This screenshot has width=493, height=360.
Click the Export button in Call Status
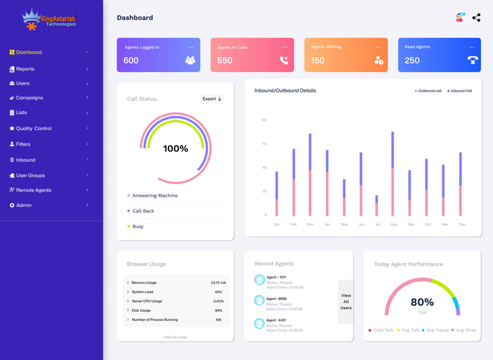click(x=212, y=99)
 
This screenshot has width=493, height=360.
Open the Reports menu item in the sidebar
click(x=25, y=69)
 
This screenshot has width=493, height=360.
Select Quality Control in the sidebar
click(x=33, y=128)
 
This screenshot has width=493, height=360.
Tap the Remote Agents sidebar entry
click(x=33, y=190)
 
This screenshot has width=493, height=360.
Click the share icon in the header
click(x=476, y=18)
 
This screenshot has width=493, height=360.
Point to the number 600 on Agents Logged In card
click(x=131, y=60)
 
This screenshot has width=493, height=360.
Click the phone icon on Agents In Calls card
click(x=284, y=60)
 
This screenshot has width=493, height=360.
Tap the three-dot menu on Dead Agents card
click(x=471, y=47)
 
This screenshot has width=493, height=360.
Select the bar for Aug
click(x=392, y=173)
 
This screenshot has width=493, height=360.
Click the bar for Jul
click(x=376, y=206)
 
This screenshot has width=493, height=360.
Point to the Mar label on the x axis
click(x=310, y=225)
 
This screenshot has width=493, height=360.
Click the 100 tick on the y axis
click(x=264, y=120)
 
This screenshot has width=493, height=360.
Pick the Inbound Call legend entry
click(x=461, y=91)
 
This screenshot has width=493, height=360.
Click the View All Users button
click(x=346, y=302)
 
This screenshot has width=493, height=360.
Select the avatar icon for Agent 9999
click(x=259, y=300)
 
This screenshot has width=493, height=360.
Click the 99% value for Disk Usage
click(x=218, y=311)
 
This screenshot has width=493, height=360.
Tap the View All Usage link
click(x=175, y=337)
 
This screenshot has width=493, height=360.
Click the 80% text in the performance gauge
click(x=422, y=302)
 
